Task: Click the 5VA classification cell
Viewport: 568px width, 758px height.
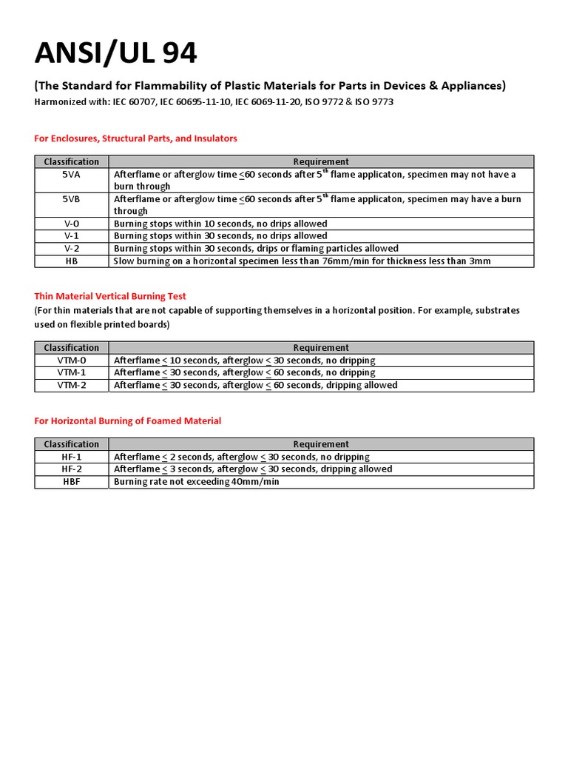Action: (72, 174)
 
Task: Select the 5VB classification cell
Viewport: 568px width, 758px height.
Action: (72, 198)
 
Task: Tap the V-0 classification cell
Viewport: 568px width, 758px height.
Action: (72, 224)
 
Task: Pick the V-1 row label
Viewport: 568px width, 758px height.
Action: (72, 236)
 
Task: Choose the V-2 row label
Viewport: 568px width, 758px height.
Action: (72, 249)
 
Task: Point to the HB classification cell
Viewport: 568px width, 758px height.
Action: (72, 261)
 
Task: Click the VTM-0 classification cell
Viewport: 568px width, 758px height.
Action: (72, 360)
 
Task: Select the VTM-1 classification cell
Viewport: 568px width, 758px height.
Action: (72, 372)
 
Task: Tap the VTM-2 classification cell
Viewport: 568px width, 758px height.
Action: (72, 385)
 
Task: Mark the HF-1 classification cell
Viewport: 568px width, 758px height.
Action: (72, 457)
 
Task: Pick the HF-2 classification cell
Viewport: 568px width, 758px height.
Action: (72, 469)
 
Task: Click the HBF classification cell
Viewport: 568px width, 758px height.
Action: (72, 482)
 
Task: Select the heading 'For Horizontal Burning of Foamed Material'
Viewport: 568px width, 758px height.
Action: (128, 420)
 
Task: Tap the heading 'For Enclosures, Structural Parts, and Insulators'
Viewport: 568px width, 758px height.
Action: (136, 138)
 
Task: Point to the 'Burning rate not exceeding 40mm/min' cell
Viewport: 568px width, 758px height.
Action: (196, 482)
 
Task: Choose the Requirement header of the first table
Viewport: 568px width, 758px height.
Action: (321, 161)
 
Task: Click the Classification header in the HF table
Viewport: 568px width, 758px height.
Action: (72, 444)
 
